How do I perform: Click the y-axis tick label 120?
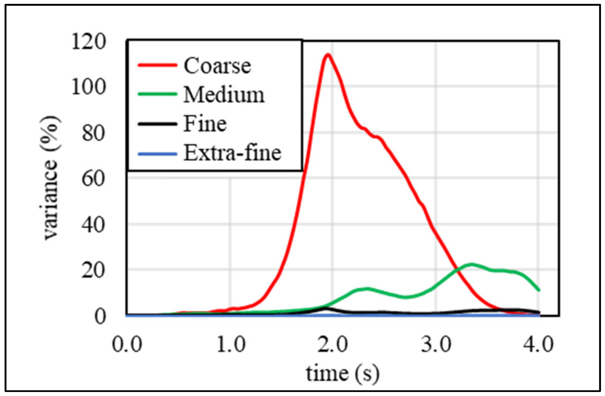tap(89, 42)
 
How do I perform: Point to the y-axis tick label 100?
tap(89, 87)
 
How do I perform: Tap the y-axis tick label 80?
tap(94, 133)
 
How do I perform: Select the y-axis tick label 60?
tap(94, 179)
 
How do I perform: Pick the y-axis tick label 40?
tap(94, 225)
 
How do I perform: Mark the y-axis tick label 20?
tap(94, 271)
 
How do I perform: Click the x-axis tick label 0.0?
tap(127, 344)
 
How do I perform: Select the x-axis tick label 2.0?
tap(333, 344)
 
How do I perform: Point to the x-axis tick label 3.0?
tap(436, 344)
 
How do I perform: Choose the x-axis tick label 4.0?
tap(538, 344)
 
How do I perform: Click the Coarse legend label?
tap(217, 66)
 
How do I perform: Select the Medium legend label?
tap(224, 95)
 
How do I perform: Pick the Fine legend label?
tap(205, 124)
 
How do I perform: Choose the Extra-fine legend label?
tap(232, 153)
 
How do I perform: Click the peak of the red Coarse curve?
tap(328, 54)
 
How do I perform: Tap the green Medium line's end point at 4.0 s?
tap(539, 290)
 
